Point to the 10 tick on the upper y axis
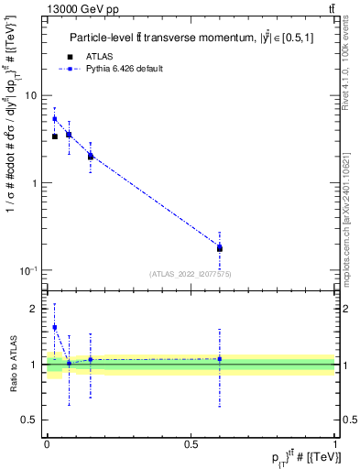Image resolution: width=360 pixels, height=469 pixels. coord(31,95)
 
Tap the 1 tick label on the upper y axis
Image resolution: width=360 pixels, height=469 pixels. coord(35,183)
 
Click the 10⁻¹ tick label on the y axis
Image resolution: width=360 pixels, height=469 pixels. coord(29,270)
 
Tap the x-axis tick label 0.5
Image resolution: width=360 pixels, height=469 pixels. coord(191,442)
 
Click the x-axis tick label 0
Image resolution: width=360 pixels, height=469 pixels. coord(47,442)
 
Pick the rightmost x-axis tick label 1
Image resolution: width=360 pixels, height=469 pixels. coord(335,442)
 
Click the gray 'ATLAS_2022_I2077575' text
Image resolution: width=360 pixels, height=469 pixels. coord(191,273)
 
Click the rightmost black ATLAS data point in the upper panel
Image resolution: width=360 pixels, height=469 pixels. coord(219,248)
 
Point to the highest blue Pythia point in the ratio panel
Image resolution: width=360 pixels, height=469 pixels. coord(55,327)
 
